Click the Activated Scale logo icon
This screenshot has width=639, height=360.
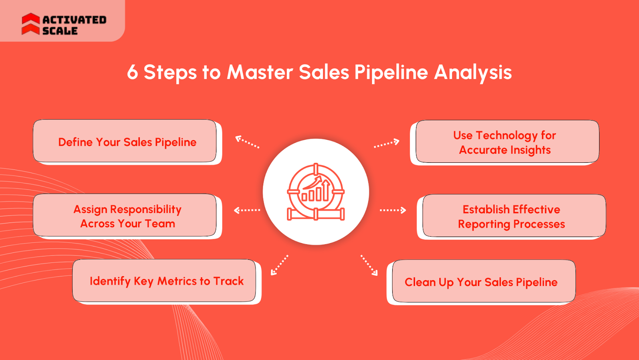click(x=30, y=24)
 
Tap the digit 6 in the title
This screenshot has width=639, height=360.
click(x=133, y=72)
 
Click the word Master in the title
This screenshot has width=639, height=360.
click(x=260, y=72)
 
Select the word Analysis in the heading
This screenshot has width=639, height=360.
click(x=473, y=73)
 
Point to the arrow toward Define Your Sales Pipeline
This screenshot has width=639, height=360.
click(x=247, y=142)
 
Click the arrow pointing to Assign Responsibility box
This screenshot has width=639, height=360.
click(x=247, y=210)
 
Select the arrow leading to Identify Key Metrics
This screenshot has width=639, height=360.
click(x=279, y=265)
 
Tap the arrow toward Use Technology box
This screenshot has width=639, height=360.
click(x=387, y=143)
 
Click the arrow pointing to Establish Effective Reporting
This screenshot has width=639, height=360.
click(x=393, y=210)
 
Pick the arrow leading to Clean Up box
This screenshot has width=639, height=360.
click(x=369, y=265)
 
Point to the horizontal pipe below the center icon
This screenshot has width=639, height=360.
click(x=316, y=215)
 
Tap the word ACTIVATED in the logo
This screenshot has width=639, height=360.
click(x=74, y=20)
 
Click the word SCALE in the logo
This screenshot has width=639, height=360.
click(x=60, y=31)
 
